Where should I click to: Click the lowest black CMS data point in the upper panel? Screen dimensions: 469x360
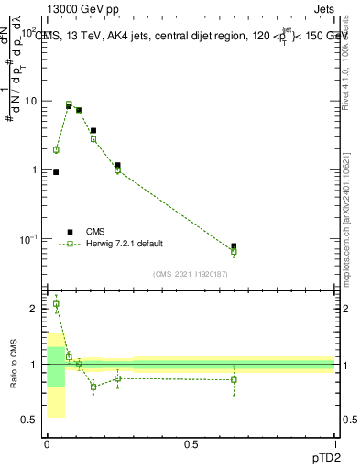click(235, 246)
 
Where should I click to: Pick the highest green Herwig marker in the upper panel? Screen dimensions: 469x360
click(69, 104)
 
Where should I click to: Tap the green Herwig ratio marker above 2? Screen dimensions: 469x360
click(56, 304)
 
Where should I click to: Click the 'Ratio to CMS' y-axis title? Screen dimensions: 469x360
click(14, 364)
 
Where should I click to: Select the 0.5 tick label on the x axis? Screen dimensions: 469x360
click(191, 444)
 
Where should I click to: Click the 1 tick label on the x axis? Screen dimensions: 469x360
click(334, 444)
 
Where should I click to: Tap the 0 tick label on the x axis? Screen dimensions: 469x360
click(47, 444)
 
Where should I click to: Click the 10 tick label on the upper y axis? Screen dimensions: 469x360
click(28, 101)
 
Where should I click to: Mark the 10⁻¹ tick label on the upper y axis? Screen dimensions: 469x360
click(27, 239)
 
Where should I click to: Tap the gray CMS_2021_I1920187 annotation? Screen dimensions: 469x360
click(191, 273)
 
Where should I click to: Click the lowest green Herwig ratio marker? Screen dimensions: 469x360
click(93, 387)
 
